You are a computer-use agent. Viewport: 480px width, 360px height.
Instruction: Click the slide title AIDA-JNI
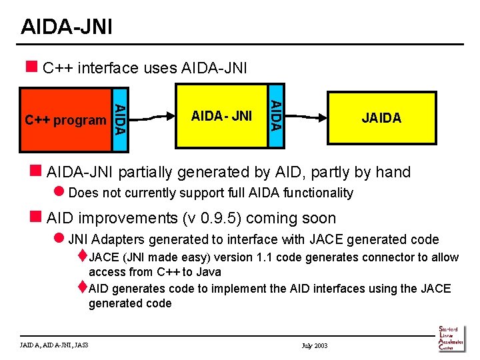coord(66,27)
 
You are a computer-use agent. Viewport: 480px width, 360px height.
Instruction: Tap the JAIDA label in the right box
coord(381,119)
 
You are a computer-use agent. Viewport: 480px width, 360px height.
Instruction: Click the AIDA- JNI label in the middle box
coord(221,116)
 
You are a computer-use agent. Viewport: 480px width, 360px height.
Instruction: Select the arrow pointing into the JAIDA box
coord(307,117)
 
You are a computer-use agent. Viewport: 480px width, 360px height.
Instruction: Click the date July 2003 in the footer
coord(315,345)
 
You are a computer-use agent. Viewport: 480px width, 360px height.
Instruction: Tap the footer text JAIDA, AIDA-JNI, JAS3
coord(55,345)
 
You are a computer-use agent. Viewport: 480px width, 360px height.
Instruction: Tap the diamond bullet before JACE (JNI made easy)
coord(82,255)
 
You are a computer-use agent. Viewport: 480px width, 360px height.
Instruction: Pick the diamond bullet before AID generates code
coord(82,287)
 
